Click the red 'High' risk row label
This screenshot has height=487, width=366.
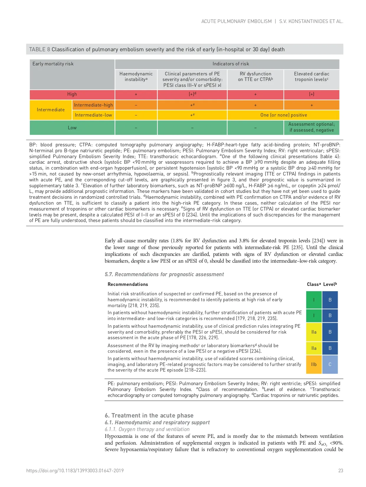pos(72,94)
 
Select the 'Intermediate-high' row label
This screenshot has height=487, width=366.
pos(93,105)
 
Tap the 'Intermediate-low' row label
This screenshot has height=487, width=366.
pos(93,115)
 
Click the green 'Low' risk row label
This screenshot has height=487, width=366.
pos(72,128)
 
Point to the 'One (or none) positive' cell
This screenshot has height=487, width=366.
pos(283,115)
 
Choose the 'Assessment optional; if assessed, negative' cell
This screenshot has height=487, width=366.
pos(311,127)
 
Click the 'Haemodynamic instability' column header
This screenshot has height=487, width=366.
pos(136,77)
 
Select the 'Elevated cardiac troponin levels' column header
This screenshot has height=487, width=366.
pos(311,77)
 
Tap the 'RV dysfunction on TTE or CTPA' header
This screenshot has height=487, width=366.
pos(255,77)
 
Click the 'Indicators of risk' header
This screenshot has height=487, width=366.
pos(231,64)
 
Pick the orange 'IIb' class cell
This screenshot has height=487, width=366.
pos(314,365)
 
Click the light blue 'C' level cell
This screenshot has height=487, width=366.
pos(330,365)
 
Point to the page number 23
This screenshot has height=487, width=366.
pos(341,471)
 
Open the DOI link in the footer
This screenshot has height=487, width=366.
pos(75,471)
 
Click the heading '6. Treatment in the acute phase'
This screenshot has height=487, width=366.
pos(149,415)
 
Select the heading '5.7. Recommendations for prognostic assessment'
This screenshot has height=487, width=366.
pos(164,274)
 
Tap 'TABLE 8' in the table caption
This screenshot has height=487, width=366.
pos(40,49)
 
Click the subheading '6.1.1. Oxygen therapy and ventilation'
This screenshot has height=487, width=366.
pos(147,429)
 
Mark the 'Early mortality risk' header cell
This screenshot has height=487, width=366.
pos(53,64)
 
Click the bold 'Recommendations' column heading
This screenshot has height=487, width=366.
pos(128,284)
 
